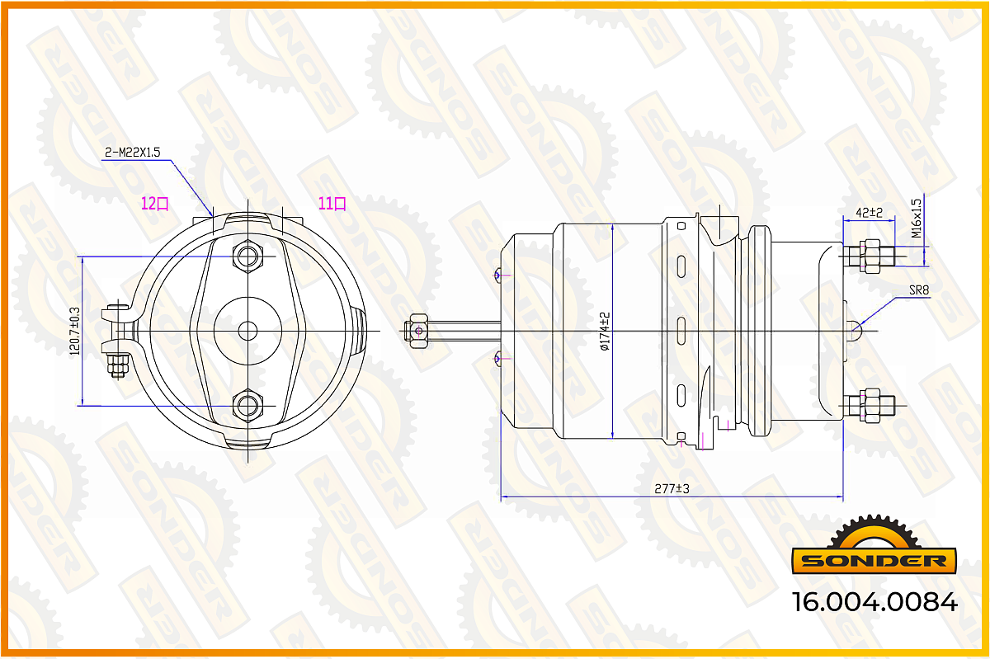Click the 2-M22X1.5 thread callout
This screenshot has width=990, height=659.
(132, 153)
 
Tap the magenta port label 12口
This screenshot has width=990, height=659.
(155, 204)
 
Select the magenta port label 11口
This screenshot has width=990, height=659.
(332, 204)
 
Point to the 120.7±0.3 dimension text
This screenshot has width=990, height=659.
(75, 331)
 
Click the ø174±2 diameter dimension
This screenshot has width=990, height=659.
(605, 331)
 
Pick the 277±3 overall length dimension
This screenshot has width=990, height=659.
(672, 489)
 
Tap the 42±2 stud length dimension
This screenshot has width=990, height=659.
(869, 213)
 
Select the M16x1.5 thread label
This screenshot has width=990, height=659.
(917, 219)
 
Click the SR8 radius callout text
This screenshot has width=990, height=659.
(919, 290)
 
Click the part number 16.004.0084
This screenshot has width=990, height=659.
(875, 602)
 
